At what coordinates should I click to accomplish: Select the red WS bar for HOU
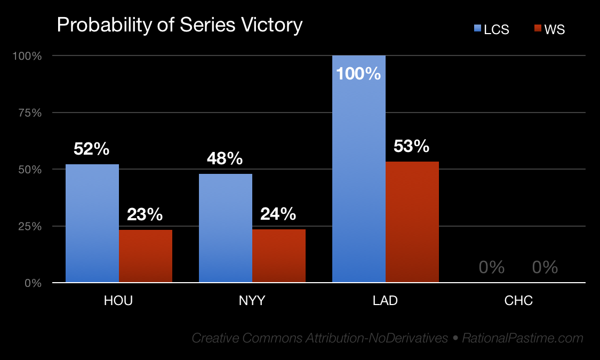coord(146,256)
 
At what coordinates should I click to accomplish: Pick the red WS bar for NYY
coord(279,255)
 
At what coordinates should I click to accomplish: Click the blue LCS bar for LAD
coord(359,176)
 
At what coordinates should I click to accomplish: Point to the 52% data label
coord(92,149)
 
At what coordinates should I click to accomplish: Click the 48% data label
coord(225,158)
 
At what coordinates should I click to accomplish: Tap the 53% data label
coord(411,146)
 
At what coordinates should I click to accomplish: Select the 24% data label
coord(278,214)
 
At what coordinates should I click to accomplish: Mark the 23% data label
coord(145,214)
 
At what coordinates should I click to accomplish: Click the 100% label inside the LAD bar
coord(358,73)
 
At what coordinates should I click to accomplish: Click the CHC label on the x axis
coord(518,301)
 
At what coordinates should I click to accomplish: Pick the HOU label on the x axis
coord(118,301)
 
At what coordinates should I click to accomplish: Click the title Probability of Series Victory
coord(179,25)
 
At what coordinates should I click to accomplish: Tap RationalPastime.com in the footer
coord(523,338)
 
